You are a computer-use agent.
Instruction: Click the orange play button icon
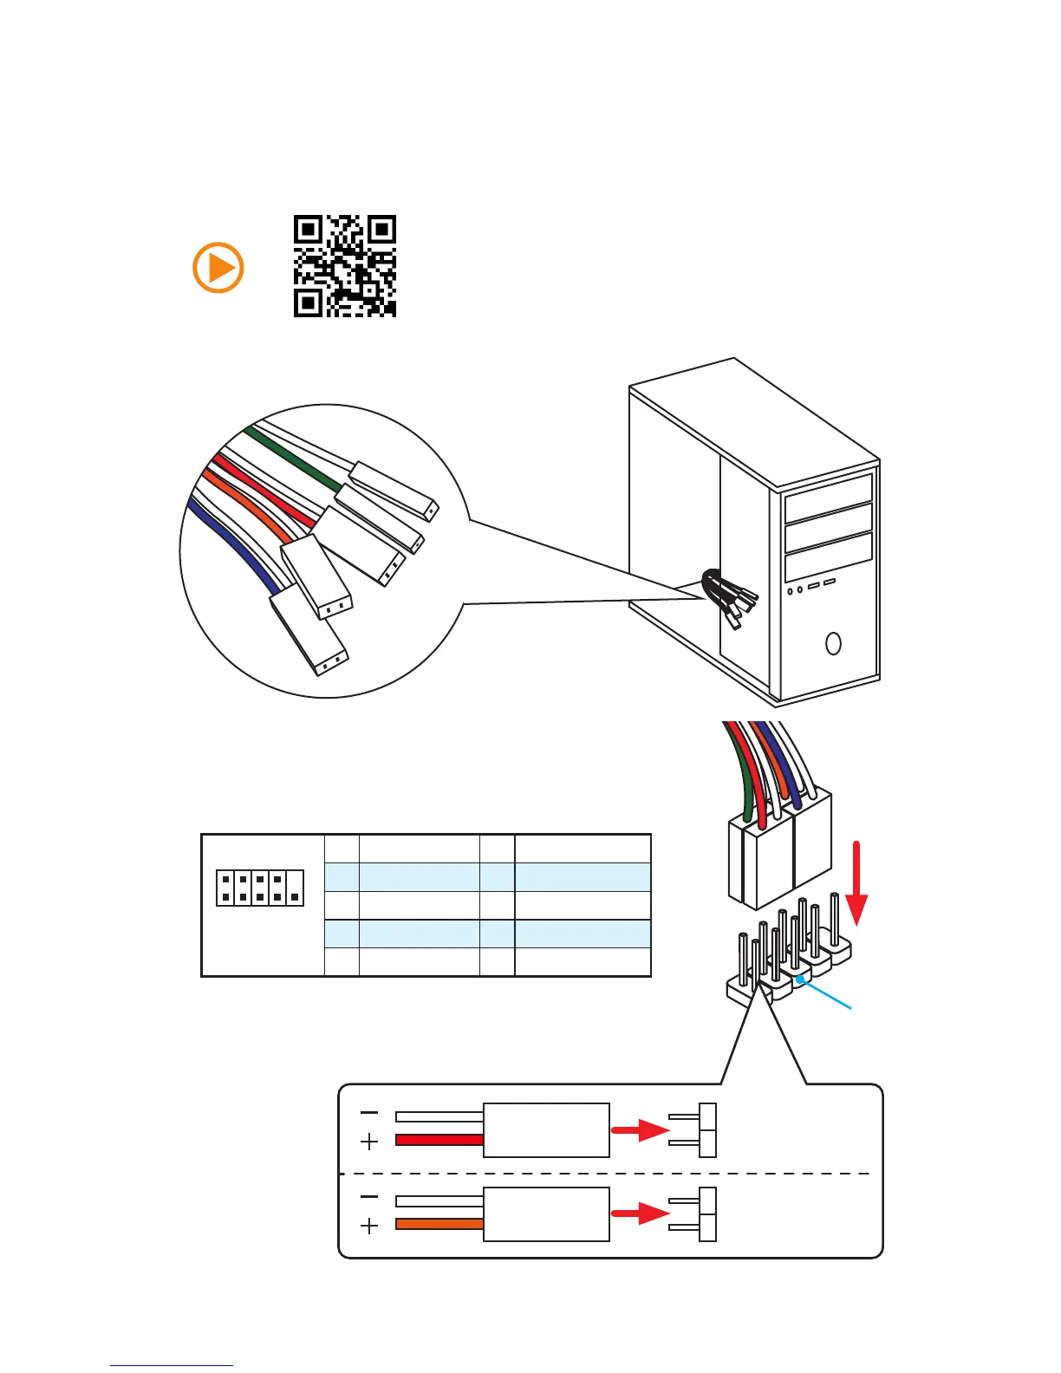218,267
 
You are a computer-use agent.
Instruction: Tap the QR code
345,266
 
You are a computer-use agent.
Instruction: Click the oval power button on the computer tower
834,643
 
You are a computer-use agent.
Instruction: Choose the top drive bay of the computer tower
828,498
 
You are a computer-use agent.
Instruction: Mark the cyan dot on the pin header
800,980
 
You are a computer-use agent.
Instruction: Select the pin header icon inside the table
260,888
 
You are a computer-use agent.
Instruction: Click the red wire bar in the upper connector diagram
439,1140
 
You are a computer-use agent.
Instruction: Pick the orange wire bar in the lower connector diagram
439,1224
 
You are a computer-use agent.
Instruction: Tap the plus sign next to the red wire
369,1142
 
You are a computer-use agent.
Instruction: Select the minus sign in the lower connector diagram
369,1196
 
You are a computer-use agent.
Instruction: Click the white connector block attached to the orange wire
546,1214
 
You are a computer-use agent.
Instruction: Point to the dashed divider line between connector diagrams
607,1174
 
